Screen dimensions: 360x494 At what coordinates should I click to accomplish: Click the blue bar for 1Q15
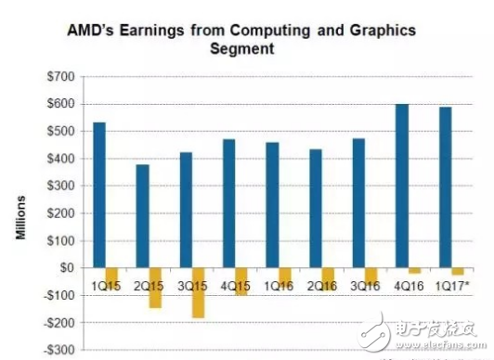click(99, 195)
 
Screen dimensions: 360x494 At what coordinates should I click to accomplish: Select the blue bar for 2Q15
click(142, 216)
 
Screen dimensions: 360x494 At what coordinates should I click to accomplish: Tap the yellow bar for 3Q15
click(198, 292)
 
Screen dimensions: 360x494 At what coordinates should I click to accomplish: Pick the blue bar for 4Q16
click(401, 186)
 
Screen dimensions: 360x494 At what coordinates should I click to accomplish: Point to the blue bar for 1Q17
click(444, 187)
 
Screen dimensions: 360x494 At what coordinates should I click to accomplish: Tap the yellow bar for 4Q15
click(241, 282)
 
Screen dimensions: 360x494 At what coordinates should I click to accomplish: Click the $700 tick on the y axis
click(63, 75)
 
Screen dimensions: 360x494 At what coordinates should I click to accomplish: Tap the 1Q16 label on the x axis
click(278, 276)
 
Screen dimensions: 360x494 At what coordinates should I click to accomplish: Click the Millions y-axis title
click(20, 214)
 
